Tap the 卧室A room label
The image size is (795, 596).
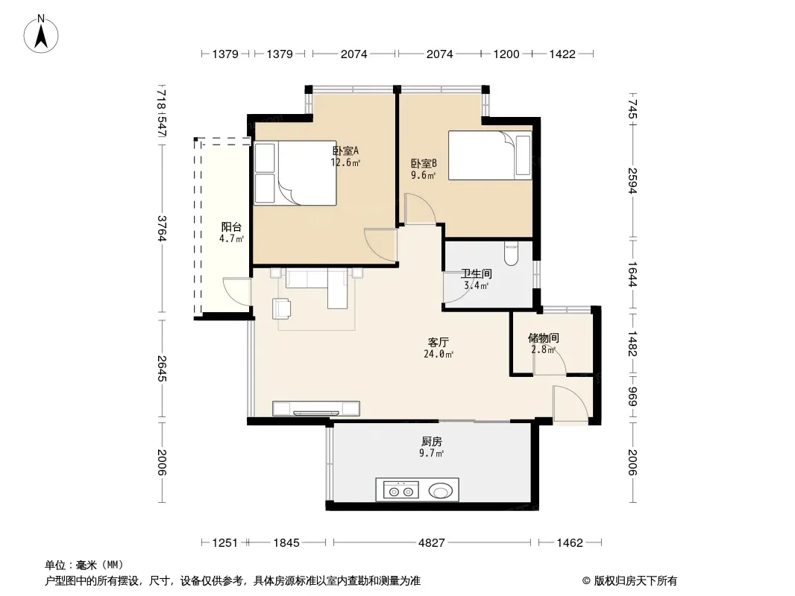(345, 150)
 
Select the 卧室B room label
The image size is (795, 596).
(424, 164)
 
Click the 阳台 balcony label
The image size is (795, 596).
(231, 227)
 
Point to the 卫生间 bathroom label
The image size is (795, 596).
(476, 274)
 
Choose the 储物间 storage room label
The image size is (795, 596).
(544, 337)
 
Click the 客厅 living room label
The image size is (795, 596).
(438, 342)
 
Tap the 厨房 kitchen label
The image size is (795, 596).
(432, 442)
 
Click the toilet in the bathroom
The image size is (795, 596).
(511, 254)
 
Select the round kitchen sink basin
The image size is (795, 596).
(441, 491)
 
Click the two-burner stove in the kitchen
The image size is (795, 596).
(401, 490)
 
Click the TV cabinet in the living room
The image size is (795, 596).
(316, 408)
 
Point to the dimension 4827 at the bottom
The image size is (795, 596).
(432, 543)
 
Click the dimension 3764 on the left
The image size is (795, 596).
(162, 229)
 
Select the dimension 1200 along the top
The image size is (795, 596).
(506, 54)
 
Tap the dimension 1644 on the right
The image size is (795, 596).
(632, 274)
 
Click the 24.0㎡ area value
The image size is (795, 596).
(439, 354)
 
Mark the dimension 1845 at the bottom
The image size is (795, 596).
(286, 543)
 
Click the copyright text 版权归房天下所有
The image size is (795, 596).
(635, 581)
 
